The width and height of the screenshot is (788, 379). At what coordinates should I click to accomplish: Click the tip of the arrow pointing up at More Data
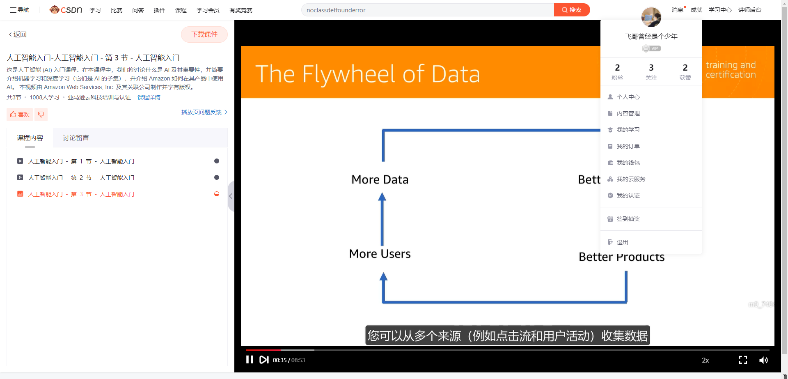(x=382, y=193)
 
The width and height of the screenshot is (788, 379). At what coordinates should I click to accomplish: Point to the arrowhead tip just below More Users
(x=383, y=273)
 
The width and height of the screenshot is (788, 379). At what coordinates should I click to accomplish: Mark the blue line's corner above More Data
(x=383, y=131)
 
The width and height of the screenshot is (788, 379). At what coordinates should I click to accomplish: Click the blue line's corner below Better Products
(x=626, y=302)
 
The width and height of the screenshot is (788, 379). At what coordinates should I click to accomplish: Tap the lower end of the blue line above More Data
(x=383, y=161)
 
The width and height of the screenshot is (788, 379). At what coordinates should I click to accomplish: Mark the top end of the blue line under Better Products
(x=626, y=271)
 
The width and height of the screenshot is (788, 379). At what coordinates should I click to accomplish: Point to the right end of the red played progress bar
(x=281, y=350)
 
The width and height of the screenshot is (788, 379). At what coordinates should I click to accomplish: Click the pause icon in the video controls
(x=250, y=360)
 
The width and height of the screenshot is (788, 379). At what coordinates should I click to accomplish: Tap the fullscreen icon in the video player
(x=743, y=360)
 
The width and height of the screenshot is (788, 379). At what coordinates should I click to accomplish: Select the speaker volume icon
(x=763, y=360)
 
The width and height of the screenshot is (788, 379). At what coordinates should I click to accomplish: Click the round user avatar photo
(x=651, y=17)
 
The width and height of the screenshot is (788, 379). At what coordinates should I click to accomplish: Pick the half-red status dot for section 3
(x=217, y=194)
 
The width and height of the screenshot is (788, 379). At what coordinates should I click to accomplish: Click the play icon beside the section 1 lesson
(x=20, y=161)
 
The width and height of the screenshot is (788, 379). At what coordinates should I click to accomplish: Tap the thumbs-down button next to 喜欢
(x=41, y=115)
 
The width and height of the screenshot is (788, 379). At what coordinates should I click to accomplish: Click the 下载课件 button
(x=204, y=34)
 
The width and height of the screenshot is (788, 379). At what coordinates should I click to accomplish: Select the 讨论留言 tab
(x=76, y=138)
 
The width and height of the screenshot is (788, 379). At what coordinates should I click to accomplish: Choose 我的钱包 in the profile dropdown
(x=628, y=163)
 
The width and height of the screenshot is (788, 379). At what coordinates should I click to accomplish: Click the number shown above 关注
(x=651, y=68)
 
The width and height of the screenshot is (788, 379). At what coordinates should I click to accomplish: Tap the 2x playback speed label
(x=706, y=360)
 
